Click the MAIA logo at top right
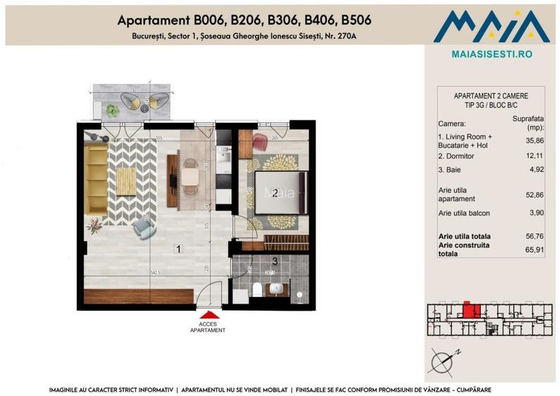coord(491,27)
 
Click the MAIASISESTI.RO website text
coord(491,53)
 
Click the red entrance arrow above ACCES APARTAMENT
coord(209,318)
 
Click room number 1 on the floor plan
coord(179,248)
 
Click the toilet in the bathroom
coord(258,289)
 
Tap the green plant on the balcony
coord(112,110)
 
